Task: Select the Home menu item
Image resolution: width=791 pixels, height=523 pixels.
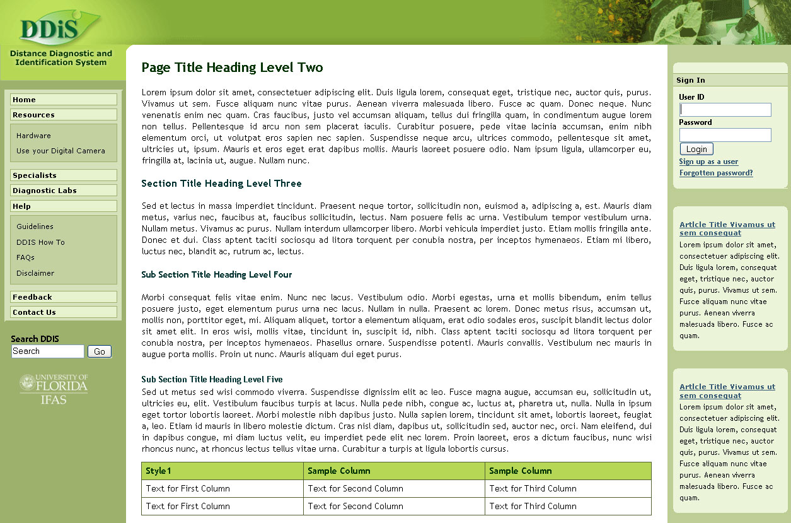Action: click(x=64, y=100)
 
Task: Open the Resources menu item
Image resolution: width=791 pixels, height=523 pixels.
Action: click(x=64, y=115)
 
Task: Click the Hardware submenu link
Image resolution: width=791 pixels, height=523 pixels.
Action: click(x=34, y=136)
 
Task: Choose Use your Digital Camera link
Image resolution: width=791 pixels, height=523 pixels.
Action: click(x=61, y=151)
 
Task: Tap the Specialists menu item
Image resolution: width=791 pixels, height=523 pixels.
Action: click(x=64, y=175)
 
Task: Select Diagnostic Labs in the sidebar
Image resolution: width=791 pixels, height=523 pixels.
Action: click(x=64, y=191)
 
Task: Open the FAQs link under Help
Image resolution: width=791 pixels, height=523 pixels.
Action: click(x=26, y=257)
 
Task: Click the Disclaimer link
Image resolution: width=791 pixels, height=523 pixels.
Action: click(x=35, y=273)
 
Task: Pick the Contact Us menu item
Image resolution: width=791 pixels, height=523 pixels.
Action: click(x=64, y=312)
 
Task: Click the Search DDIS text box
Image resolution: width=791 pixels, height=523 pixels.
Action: click(x=47, y=351)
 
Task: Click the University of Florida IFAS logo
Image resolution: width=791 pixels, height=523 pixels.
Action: click(x=54, y=389)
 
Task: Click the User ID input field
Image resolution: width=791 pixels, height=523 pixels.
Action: click(x=725, y=110)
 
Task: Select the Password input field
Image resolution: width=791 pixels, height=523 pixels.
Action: click(x=725, y=135)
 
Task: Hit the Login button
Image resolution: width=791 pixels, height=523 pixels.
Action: click(x=696, y=149)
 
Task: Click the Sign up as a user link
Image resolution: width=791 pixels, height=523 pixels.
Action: click(x=708, y=162)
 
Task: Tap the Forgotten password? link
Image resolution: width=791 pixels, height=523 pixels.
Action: click(x=716, y=173)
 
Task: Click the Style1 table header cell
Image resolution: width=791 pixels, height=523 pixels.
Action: click(x=222, y=471)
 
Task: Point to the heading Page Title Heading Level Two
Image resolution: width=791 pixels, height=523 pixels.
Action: click(x=232, y=68)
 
